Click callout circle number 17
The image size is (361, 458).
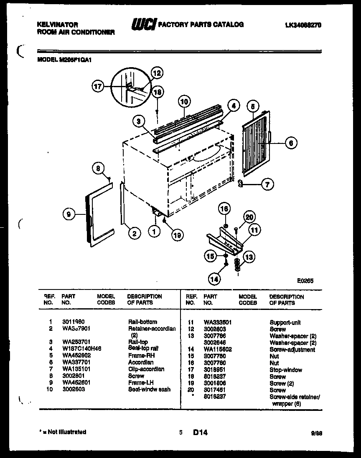pos(98,87)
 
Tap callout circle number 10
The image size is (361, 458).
pos(184,101)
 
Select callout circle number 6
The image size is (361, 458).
pos(291,143)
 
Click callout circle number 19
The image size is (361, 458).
pos(178,235)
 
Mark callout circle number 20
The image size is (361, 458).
pos(249,217)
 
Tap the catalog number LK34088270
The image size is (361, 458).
pos(303,25)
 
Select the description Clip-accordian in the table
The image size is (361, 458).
pos(146,369)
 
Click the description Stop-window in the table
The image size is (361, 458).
pos(285,370)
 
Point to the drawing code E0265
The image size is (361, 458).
pos(305,281)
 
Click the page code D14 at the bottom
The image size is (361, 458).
pos(200,433)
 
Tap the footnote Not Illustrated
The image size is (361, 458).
pos(64,432)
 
